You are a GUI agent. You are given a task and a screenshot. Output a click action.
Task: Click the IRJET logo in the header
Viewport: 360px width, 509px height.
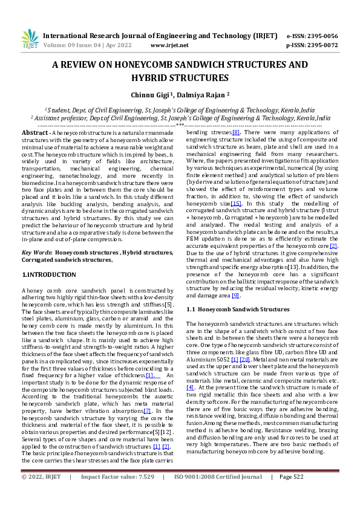[x=30, y=39]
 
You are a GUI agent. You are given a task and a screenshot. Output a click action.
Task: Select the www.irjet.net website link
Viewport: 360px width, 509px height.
[x=169, y=45]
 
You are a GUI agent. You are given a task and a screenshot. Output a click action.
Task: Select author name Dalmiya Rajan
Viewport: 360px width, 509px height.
[x=203, y=95]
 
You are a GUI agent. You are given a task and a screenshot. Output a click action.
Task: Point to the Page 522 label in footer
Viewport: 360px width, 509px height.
[x=291, y=494]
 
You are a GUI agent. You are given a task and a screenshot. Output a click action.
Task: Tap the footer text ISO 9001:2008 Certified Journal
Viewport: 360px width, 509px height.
[x=218, y=494]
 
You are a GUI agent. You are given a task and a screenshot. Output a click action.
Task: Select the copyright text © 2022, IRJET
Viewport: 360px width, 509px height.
[x=41, y=494]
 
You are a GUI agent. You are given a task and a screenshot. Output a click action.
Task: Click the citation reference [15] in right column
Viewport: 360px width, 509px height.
[x=236, y=204]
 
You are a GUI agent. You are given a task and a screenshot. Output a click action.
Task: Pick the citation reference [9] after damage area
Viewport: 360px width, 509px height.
[x=236, y=296]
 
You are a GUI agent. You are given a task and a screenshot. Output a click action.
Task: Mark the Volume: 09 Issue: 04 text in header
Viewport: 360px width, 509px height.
[x=79, y=45]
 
